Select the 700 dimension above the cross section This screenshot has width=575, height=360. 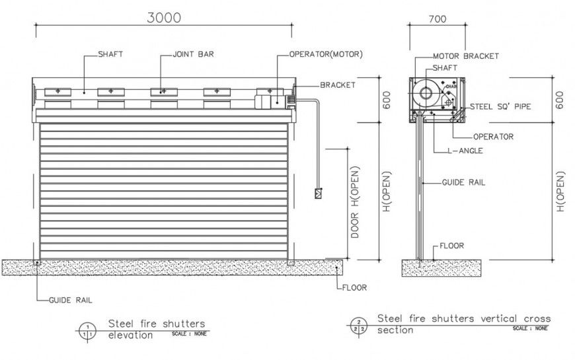click(437, 19)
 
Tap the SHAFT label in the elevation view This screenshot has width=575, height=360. click(110, 54)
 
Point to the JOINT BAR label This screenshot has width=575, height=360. click(194, 54)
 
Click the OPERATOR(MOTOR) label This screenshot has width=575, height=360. click(326, 54)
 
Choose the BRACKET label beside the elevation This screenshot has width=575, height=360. click(338, 85)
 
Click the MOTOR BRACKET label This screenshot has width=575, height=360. click(466, 56)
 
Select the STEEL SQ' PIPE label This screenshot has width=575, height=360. click(500, 106)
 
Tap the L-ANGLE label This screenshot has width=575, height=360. click(465, 151)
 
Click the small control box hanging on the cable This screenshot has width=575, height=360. click(319, 194)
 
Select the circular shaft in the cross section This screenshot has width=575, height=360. click(426, 92)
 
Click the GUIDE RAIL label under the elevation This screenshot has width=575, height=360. click(71, 299)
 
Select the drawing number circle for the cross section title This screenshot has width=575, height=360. click(357, 325)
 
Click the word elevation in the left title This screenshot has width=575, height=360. click(130, 334)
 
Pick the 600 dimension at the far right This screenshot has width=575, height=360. click(560, 99)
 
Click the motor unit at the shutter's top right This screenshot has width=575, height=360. click(270, 101)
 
